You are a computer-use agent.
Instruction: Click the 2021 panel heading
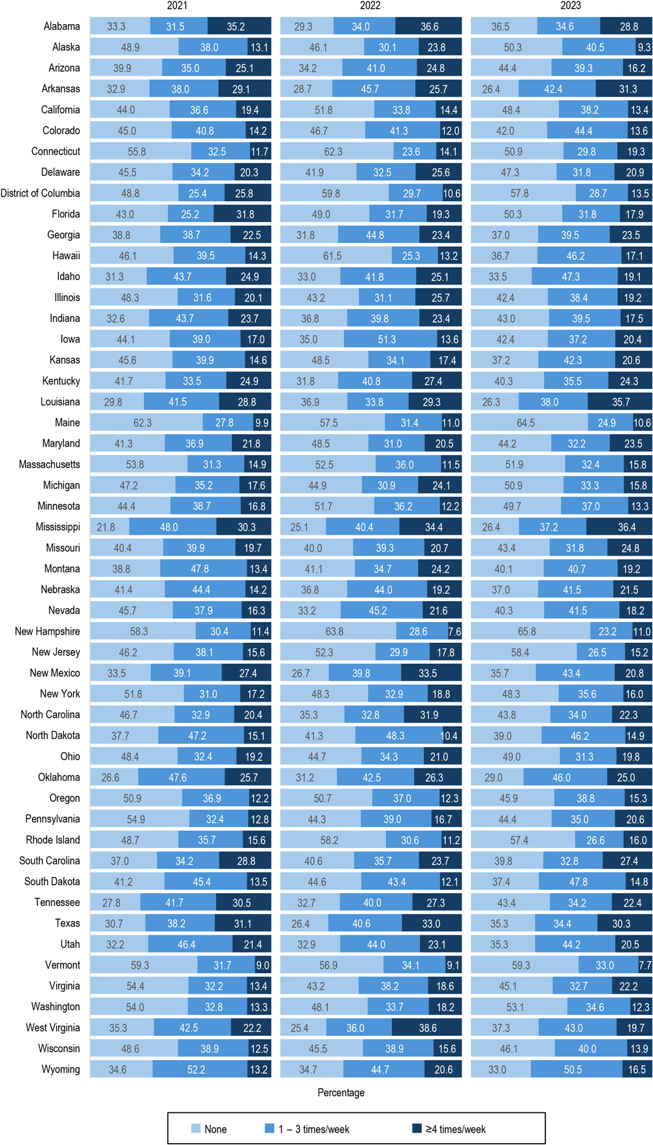click(177, 6)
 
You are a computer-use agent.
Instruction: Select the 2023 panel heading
click(570, 6)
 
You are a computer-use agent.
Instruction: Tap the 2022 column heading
click(370, 6)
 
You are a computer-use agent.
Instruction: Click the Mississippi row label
click(58, 527)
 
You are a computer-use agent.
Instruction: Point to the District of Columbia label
click(40, 193)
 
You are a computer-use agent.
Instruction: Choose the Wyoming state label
click(61, 1069)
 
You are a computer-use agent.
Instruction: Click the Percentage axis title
click(341, 1093)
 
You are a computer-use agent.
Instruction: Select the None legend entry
click(209, 1129)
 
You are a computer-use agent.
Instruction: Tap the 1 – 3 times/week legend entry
click(307, 1129)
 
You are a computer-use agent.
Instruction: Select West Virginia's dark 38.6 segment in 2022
click(427, 1028)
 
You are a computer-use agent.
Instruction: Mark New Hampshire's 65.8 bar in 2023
click(527, 632)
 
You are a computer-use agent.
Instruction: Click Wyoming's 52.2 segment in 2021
click(196, 1070)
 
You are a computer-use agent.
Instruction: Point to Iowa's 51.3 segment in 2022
click(387, 339)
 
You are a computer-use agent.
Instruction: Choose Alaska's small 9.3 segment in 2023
click(644, 48)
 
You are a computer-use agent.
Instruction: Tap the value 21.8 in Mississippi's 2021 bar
click(106, 527)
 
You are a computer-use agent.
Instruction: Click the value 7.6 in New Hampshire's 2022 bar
click(454, 632)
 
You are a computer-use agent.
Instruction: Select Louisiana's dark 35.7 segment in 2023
click(620, 402)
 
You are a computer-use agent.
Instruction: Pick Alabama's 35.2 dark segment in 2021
click(236, 27)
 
